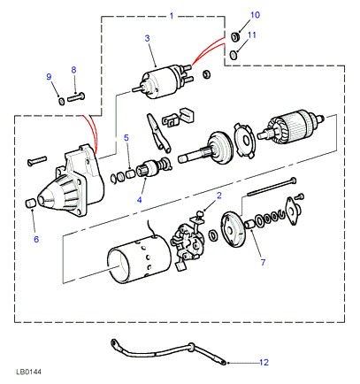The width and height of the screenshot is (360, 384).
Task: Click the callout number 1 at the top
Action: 172,16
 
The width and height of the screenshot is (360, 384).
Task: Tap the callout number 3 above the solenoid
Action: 147,38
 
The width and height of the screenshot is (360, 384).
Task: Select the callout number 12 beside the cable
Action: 264,362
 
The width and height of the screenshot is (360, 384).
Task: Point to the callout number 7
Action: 263,262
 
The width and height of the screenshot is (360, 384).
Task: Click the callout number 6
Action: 36,239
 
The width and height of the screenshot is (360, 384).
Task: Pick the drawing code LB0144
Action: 28,372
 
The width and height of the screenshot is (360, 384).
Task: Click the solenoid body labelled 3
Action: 161,82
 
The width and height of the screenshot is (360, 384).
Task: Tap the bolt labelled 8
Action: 76,96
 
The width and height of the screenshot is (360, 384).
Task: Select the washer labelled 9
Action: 61,102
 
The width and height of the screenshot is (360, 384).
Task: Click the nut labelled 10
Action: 235,37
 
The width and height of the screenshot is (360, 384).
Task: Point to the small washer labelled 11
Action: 234,55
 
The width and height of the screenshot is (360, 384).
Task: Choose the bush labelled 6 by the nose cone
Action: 29,204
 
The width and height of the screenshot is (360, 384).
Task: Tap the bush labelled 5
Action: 130,174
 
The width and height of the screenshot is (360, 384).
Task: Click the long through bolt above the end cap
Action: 272,186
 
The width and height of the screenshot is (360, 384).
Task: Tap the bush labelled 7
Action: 249,224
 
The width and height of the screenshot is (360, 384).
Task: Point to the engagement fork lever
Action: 158,134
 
